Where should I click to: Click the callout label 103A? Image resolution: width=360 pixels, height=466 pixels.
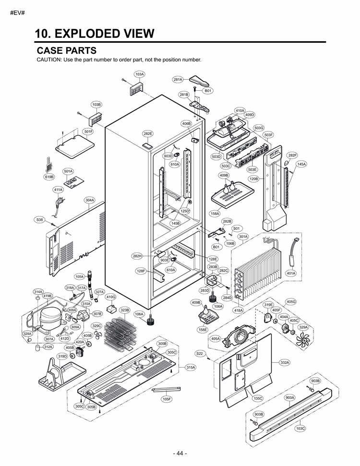[140, 74]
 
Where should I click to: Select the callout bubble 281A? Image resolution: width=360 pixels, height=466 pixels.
[178, 80]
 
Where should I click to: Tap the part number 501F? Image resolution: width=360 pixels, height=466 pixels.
[88, 131]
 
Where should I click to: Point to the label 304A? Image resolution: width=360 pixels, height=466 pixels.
[89, 200]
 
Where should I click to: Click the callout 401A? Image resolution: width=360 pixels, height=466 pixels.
[291, 273]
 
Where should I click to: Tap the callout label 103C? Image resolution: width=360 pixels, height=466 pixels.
[300, 428]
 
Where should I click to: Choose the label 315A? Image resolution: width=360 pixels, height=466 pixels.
[191, 367]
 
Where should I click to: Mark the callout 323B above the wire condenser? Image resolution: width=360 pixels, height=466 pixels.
[125, 311]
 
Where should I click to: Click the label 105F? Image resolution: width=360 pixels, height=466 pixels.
[167, 399]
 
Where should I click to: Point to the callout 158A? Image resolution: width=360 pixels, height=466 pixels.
[215, 214]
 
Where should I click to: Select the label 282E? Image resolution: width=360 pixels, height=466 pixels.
[148, 133]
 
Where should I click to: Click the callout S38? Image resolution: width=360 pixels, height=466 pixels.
[39, 219]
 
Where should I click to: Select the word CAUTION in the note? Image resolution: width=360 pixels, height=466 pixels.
[49, 60]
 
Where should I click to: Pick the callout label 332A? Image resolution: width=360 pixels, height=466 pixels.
[285, 362]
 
